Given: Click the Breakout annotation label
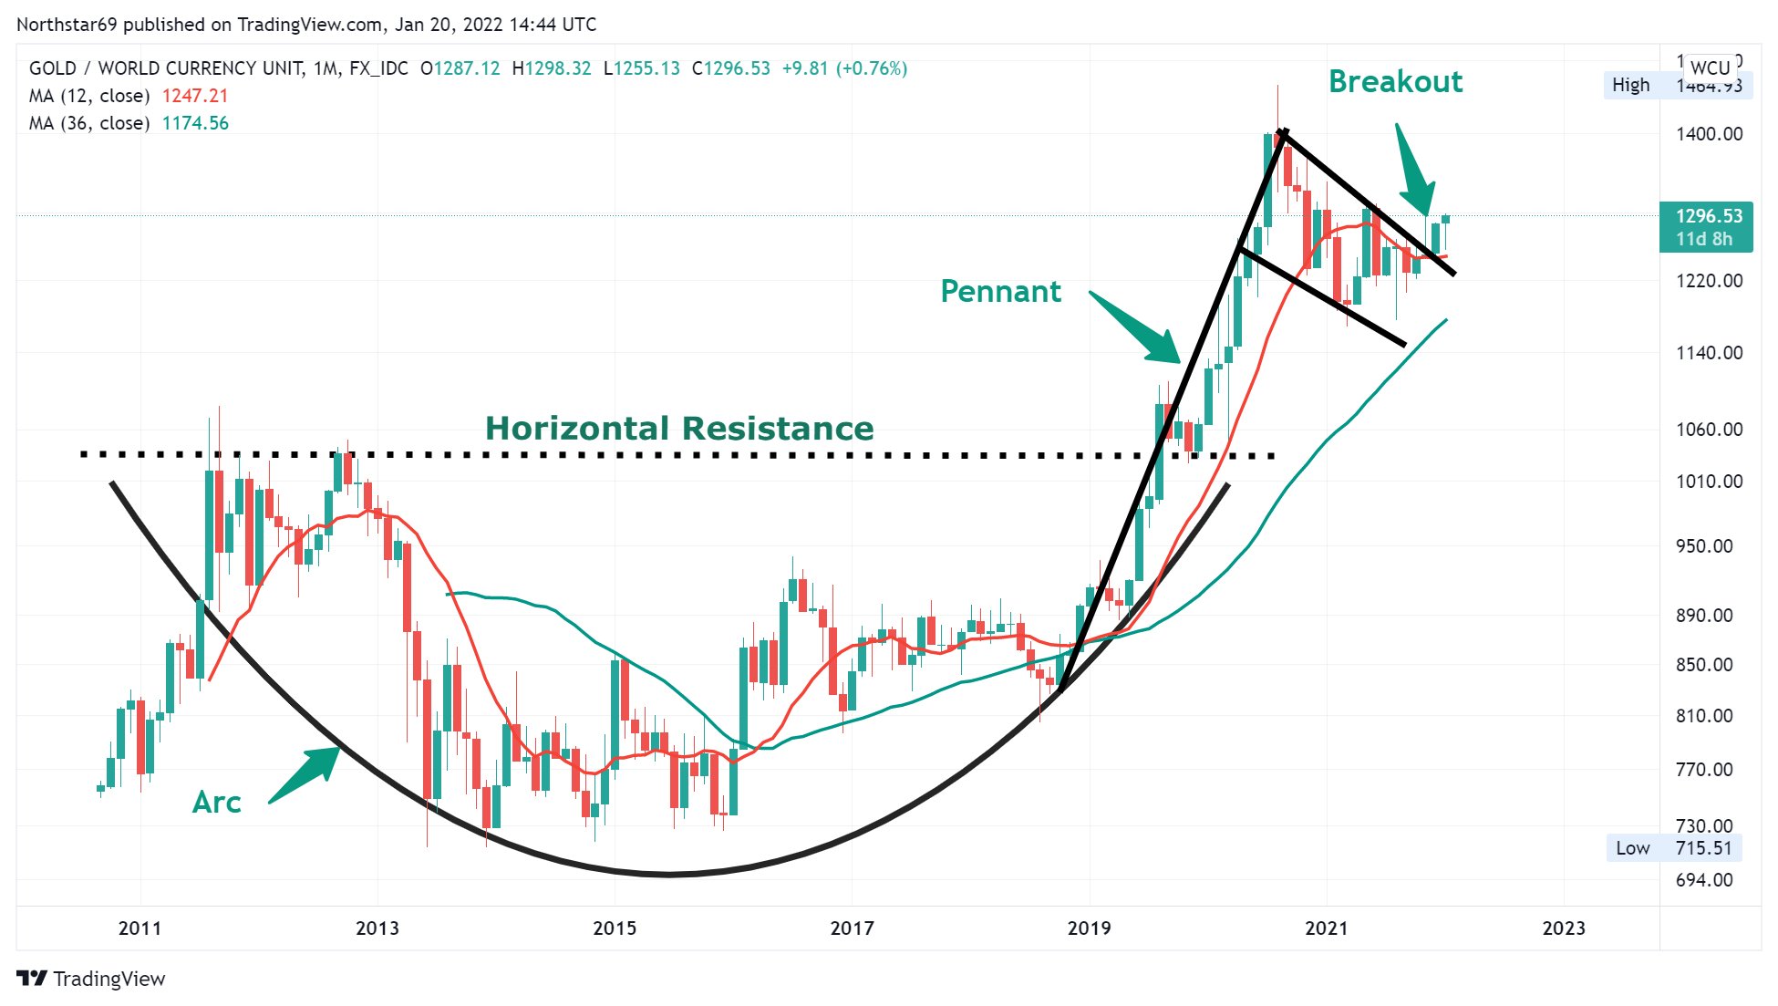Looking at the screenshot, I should click(1395, 82).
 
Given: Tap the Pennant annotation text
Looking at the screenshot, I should click(1000, 292).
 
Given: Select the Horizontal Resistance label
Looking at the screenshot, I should click(679, 429).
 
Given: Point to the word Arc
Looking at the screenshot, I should click(216, 803).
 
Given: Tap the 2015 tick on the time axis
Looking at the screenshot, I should click(615, 928).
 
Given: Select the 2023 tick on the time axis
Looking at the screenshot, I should click(1563, 928).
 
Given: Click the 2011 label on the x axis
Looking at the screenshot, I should click(140, 928).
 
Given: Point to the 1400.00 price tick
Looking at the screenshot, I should click(1709, 134).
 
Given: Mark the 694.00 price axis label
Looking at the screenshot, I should click(1704, 880).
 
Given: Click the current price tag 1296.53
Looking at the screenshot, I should click(1708, 217).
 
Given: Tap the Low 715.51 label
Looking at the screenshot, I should click(1673, 848).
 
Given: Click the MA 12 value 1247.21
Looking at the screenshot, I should click(195, 96).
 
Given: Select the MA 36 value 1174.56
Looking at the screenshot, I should click(195, 123).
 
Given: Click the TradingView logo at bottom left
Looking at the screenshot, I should click(91, 979).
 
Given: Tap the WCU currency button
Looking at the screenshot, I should click(1710, 67).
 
